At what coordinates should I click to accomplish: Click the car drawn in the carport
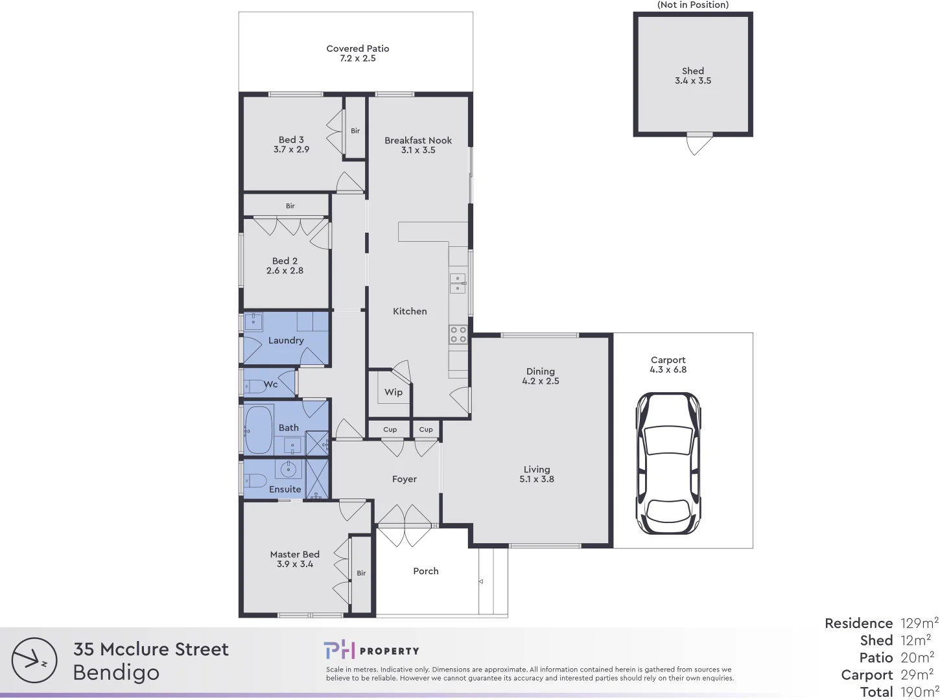point(668,463)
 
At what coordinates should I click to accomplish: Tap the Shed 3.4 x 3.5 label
point(693,76)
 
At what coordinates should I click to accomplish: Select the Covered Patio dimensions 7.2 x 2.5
point(358,58)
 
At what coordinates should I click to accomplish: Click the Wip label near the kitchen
point(394,392)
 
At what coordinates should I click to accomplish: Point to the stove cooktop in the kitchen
point(458,334)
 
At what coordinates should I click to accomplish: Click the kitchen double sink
point(458,283)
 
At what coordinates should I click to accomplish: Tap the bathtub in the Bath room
point(258,430)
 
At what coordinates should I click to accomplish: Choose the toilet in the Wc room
point(255,386)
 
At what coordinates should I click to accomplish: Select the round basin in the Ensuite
point(288,469)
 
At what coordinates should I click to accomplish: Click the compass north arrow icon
point(34,660)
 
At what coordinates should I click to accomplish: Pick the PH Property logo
point(371,651)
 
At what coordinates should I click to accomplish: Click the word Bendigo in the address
point(116,673)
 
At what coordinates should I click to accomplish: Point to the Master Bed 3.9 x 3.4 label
point(295,559)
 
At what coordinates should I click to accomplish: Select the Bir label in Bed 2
point(290,206)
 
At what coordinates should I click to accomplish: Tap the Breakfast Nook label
point(418,140)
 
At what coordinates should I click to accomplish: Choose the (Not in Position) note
point(693,5)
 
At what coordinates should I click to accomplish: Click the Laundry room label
point(286,340)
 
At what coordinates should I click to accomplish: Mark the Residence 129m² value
point(919,624)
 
